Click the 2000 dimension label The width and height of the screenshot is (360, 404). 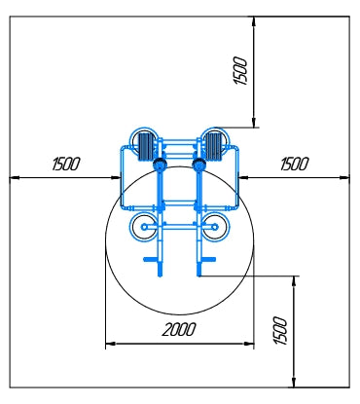point(179,330)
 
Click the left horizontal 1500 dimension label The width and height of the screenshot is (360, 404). point(66,164)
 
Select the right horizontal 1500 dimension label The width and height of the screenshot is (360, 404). point(295,164)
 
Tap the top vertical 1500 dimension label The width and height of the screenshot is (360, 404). point(240,71)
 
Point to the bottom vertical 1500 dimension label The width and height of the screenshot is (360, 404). point(280,330)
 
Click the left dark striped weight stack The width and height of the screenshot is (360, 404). point(146,146)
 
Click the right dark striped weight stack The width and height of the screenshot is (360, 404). point(213,146)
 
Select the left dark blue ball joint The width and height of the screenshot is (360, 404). point(160,165)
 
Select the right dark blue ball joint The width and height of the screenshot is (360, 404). point(198,165)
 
